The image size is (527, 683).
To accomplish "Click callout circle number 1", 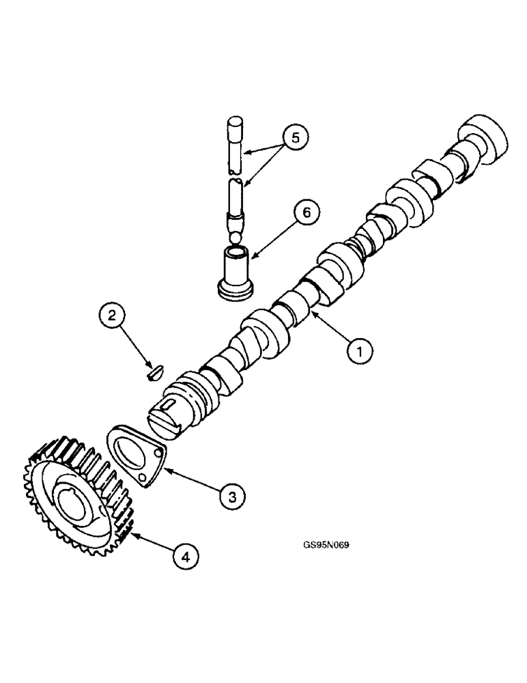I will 360,351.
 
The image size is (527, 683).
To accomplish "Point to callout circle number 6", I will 306,212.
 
